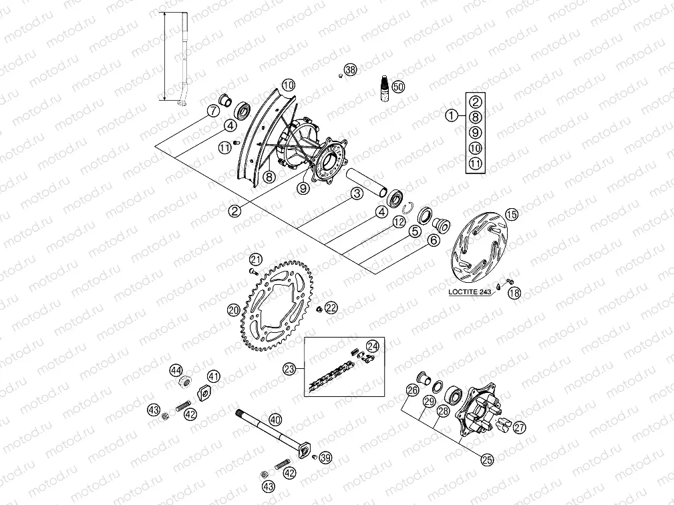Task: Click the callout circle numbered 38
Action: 351,70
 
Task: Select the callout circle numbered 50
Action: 398,87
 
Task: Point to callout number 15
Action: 511,214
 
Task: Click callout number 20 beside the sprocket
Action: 233,310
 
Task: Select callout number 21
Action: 255,259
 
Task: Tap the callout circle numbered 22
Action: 331,307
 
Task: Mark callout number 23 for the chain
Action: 289,368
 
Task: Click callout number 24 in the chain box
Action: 372,346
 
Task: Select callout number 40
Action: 275,420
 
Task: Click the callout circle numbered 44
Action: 176,370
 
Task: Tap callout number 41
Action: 213,376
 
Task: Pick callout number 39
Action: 325,458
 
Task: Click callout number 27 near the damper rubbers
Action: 519,428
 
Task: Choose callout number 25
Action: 486,458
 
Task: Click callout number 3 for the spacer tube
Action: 357,193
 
